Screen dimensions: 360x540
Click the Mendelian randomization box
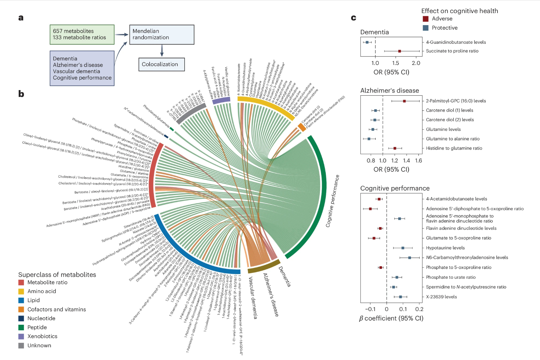(162, 35)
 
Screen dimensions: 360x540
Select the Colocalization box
(161, 64)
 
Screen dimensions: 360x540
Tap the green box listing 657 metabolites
(82, 34)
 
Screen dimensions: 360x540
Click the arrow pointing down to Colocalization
(162, 51)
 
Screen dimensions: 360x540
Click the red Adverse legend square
(425, 19)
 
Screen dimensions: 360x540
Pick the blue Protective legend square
(425, 28)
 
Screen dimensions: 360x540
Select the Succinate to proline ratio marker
(399, 51)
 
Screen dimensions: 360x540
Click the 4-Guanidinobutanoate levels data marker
(367, 42)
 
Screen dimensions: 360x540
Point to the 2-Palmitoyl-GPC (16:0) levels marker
(404, 101)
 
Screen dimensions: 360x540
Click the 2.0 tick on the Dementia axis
(416, 63)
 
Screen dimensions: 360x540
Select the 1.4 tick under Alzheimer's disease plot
(406, 161)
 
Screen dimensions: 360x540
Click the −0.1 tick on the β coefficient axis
(370, 309)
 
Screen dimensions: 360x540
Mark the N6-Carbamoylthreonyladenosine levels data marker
(410, 258)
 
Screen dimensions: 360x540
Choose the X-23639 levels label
(441, 297)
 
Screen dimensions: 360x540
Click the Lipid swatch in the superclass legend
(21, 300)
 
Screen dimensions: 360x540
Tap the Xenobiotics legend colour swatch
(21, 337)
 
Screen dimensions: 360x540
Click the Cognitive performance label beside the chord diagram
(333, 201)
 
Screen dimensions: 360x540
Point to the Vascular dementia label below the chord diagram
(253, 298)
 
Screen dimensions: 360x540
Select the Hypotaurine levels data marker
(403, 248)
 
